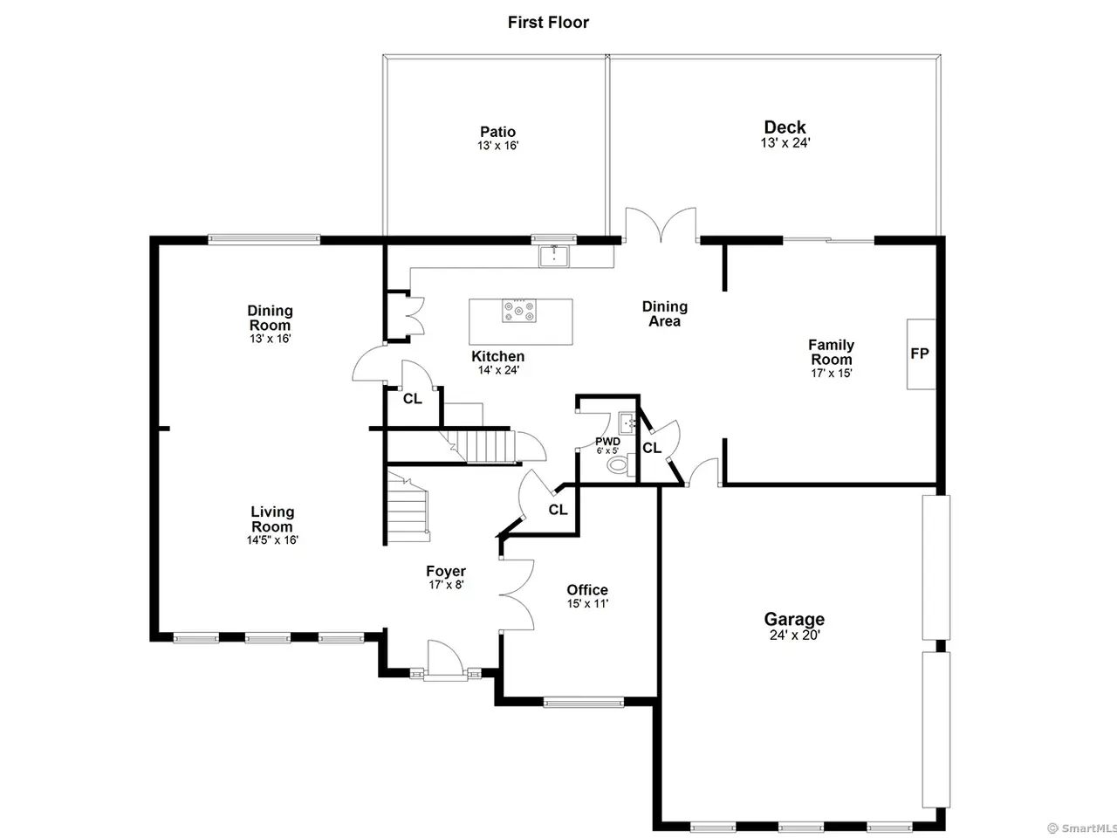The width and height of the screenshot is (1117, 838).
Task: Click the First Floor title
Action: [x=548, y=23]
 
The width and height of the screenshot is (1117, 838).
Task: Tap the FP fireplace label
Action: [x=920, y=354]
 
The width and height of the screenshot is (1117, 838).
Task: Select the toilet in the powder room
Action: [x=620, y=464]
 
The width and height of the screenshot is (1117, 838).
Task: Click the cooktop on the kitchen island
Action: [x=518, y=311]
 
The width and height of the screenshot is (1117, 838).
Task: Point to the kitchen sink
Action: [x=554, y=255]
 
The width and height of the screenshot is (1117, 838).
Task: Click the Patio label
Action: [x=497, y=132]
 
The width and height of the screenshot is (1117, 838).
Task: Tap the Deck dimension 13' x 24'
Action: [x=785, y=143]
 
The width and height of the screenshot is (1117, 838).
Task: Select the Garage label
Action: [x=794, y=619]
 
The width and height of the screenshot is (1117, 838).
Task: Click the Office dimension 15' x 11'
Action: [x=588, y=603]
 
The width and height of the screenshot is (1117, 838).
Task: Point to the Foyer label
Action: [x=446, y=571]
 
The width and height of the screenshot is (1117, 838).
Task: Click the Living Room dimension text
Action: [x=272, y=539]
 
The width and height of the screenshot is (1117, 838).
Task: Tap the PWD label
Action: [x=607, y=441]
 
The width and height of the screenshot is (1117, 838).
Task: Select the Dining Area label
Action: [x=665, y=314]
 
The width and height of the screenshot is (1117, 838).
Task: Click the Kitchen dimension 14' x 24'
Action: [x=498, y=370]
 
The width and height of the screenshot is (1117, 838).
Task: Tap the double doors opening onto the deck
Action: [x=661, y=223]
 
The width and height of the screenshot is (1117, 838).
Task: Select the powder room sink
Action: [x=627, y=423]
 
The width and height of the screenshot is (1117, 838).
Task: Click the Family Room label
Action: [x=831, y=352]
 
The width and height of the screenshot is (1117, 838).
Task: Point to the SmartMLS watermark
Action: [x=1082, y=828]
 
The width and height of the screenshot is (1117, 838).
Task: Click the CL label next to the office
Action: [x=558, y=509]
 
